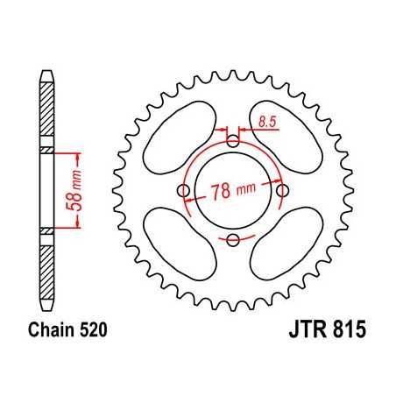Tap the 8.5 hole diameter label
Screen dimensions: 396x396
[268, 126]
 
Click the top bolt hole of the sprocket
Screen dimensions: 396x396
[232, 141]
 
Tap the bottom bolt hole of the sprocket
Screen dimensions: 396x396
[232, 240]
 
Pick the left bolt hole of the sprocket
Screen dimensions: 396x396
[183, 191]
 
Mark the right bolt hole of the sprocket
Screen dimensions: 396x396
[281, 191]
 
